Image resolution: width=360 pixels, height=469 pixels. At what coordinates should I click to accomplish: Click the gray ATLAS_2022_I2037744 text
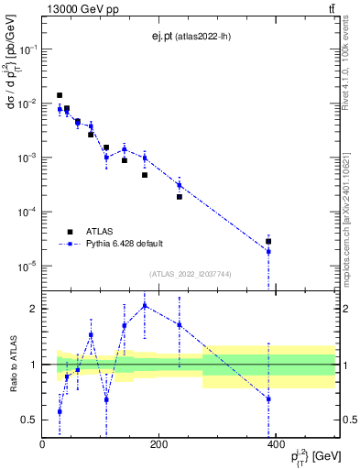pyautogui.click(x=190, y=274)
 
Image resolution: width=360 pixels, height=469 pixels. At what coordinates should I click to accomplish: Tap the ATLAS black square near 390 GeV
pyautogui.click(x=268, y=242)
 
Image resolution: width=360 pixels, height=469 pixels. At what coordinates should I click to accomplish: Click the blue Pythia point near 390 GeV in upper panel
pyautogui.click(x=268, y=251)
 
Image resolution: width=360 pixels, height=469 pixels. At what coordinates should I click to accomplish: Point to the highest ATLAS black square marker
pyautogui.click(x=60, y=95)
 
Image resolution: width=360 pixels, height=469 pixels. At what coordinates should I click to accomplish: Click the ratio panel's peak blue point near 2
pyautogui.click(x=145, y=306)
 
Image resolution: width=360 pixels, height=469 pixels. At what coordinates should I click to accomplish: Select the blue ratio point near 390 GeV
pyautogui.click(x=268, y=398)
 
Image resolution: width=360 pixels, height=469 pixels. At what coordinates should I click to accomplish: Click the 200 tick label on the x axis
pyautogui.click(x=158, y=444)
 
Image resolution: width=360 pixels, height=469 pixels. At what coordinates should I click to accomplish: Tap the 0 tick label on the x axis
pyautogui.click(x=42, y=444)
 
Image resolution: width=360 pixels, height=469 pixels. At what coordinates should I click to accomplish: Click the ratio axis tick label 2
pyautogui.click(x=32, y=309)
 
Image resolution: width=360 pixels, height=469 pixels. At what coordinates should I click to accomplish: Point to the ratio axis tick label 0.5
pyautogui.click(x=28, y=420)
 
